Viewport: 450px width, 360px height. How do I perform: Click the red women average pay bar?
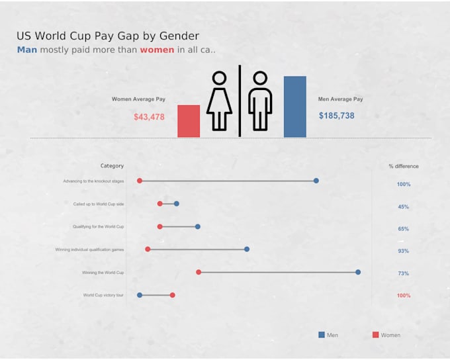(189, 121)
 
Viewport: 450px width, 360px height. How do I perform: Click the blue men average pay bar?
(295, 107)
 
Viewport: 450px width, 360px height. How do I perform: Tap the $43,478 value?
(149, 117)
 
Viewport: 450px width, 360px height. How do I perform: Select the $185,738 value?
(336, 116)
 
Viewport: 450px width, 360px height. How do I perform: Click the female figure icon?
(219, 101)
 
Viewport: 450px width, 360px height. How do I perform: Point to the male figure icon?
(260, 101)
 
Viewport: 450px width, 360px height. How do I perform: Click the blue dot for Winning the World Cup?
(358, 272)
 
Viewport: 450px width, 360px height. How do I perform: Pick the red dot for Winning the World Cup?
(199, 272)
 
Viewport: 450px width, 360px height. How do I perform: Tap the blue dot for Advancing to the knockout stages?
(316, 181)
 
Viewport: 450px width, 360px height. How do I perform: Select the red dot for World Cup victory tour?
(173, 294)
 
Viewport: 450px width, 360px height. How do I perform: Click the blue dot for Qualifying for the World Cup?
(198, 226)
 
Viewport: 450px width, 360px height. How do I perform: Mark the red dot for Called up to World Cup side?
(160, 204)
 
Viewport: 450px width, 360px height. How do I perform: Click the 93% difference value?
(403, 251)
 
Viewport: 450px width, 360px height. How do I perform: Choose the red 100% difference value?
(404, 296)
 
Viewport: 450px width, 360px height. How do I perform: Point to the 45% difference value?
(403, 207)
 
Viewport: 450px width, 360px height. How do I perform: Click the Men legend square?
(322, 335)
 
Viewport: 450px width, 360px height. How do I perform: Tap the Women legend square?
(376, 335)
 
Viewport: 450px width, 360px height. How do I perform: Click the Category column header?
(112, 166)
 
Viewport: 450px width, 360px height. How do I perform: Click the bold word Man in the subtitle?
(27, 50)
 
